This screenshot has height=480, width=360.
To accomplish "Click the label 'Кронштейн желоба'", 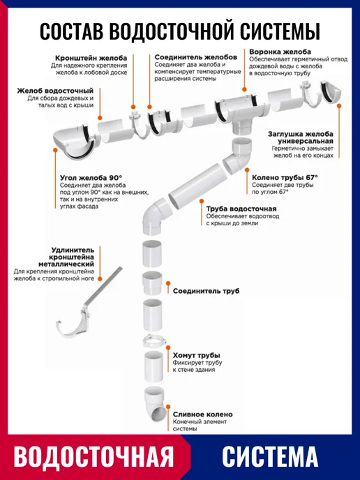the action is click(x=91, y=58).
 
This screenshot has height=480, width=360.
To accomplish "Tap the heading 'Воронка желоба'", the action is click(x=280, y=52).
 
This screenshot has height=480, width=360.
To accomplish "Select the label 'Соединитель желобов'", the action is click(x=195, y=57).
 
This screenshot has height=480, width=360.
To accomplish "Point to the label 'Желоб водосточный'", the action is click(x=55, y=91).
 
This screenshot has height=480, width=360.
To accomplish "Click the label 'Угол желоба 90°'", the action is click(x=91, y=178).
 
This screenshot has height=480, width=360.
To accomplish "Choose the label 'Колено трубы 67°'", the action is click(x=285, y=177).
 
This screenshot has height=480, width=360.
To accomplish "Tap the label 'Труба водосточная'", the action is click(x=241, y=209).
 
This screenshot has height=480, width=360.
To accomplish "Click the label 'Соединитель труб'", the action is click(x=206, y=291).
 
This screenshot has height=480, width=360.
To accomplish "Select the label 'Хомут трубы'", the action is click(x=197, y=355).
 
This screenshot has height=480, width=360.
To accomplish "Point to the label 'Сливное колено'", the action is click(x=202, y=414).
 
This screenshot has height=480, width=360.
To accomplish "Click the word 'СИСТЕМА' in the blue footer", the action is click(x=270, y=457).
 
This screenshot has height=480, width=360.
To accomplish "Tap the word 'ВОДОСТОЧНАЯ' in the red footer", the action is click(x=93, y=457).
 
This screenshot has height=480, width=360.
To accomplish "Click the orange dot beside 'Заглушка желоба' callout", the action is click(x=339, y=105).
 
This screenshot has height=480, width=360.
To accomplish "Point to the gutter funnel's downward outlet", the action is click(x=243, y=126).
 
